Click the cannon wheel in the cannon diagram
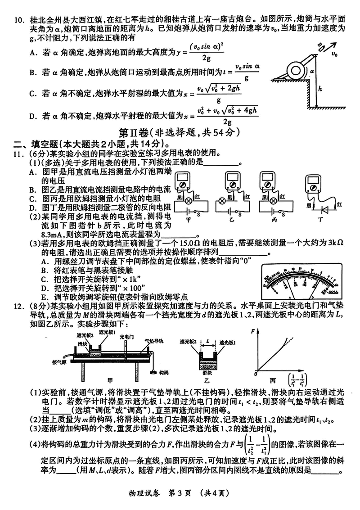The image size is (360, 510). [x=295, y=69]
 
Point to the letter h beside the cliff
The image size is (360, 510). [x=320, y=89]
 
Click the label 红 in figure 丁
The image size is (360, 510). [x=339, y=204]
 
